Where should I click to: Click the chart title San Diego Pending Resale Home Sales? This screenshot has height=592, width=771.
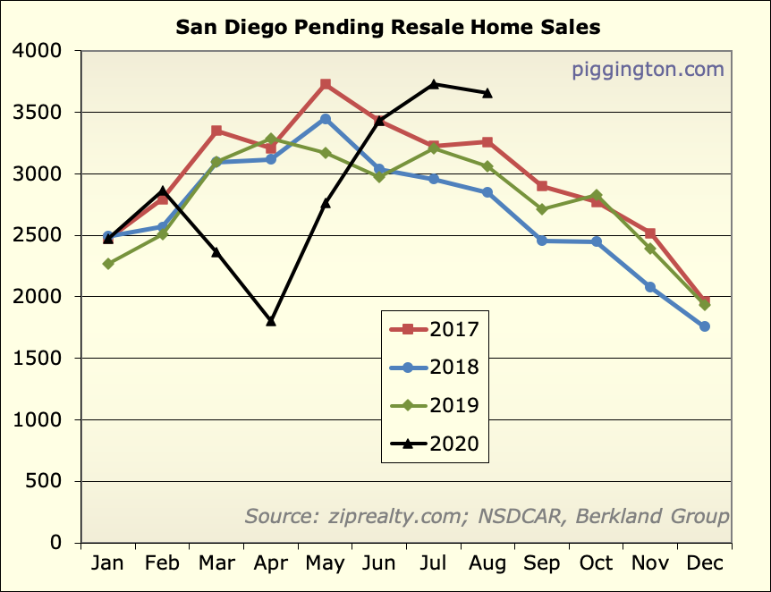[x=387, y=27]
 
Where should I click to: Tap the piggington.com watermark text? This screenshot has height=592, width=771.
[x=648, y=70]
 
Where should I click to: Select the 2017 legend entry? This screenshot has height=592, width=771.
[x=436, y=329]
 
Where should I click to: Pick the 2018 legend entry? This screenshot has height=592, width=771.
[x=436, y=367]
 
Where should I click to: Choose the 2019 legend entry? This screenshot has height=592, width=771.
[x=436, y=405]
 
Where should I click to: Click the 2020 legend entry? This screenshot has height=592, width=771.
[x=436, y=444]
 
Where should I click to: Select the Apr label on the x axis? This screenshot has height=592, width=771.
[x=271, y=563]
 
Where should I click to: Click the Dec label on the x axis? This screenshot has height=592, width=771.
[x=705, y=563]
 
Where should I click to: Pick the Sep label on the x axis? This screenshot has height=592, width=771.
[x=542, y=563]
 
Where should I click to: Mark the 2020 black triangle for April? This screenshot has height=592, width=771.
[x=271, y=321]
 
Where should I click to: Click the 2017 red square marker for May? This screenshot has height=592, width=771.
[x=326, y=84]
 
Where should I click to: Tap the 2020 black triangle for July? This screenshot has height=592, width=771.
[x=434, y=84]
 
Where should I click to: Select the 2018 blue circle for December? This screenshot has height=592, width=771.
[x=705, y=326]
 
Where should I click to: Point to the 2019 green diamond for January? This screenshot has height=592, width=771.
[x=108, y=264]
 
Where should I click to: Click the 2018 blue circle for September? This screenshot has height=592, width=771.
[x=542, y=241]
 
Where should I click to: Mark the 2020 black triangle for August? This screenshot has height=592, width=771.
[x=487, y=93]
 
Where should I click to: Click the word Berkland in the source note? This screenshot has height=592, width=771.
[x=614, y=517]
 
